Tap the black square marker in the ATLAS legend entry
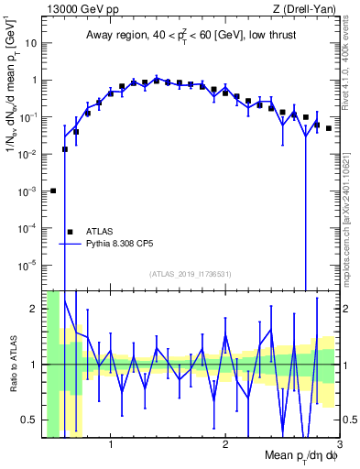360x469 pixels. tap(70, 232)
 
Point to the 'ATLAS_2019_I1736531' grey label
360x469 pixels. tap(190, 274)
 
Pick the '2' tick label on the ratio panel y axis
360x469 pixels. tap(35, 309)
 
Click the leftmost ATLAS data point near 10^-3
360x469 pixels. tap(53, 191)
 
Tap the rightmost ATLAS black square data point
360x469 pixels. tap(329, 128)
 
